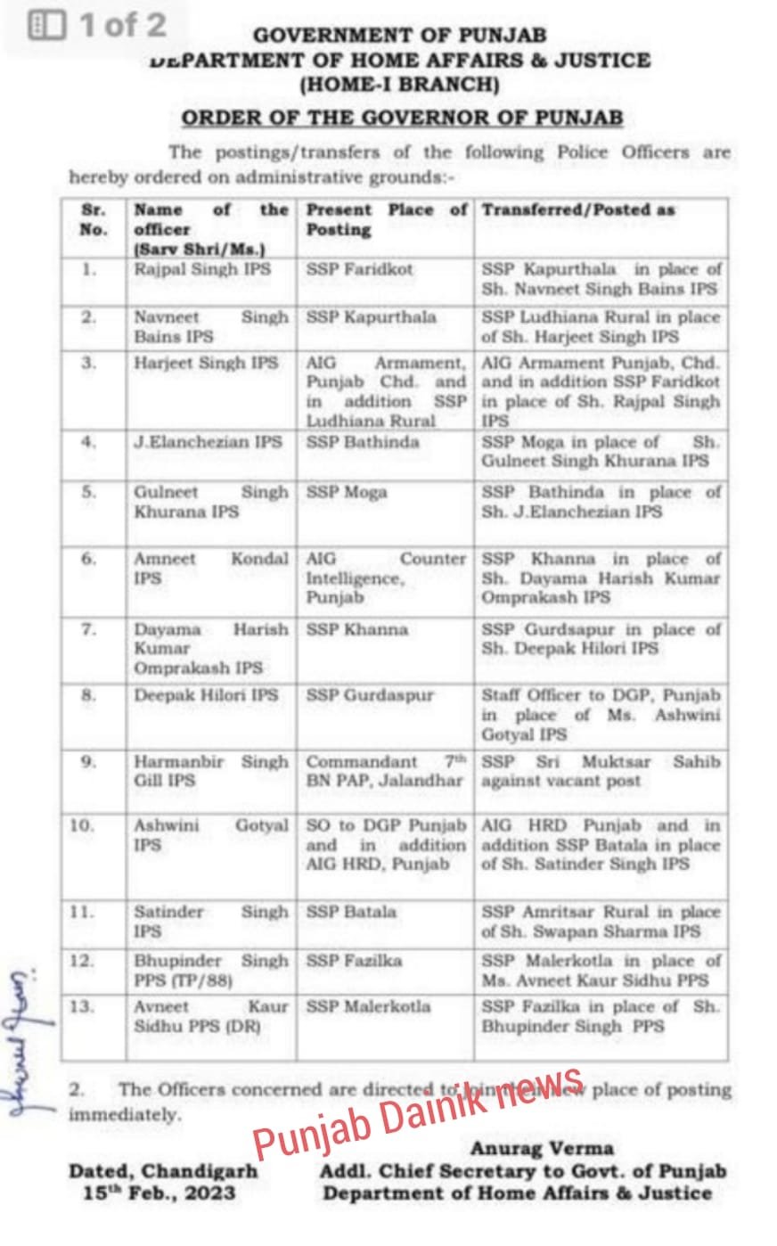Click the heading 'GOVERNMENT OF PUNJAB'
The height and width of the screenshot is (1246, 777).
[399, 36]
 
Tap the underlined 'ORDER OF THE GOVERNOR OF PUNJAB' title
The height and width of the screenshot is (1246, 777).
[402, 118]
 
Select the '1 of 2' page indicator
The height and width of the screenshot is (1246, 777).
[98, 25]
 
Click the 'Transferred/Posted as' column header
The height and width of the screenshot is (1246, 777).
[578, 210]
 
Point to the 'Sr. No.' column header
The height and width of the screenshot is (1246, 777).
[93, 219]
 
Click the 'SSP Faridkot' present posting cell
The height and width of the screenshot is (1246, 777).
[359, 268]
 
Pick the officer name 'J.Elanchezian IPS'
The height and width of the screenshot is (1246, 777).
[208, 441]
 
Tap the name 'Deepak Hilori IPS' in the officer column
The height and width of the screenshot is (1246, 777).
[206, 695]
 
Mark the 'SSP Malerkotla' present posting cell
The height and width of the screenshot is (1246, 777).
[368, 1007]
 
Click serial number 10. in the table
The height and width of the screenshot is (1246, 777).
[82, 825]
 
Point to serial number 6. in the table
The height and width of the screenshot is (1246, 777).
[87, 559]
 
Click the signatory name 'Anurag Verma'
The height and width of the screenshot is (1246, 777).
[542, 1148]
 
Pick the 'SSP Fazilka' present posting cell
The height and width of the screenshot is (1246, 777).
[354, 961]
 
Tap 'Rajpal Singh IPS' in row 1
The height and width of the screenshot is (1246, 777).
[202, 268]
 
